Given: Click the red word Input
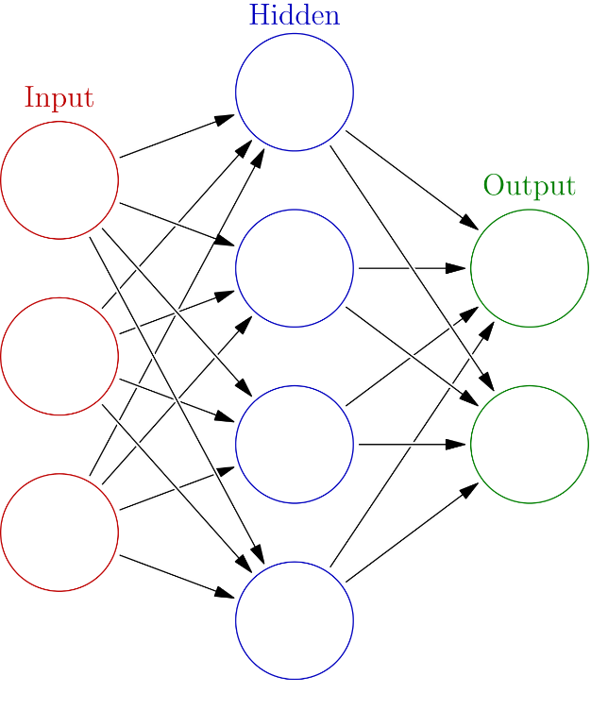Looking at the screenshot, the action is coord(59,97).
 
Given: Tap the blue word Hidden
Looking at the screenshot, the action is coord(295,15).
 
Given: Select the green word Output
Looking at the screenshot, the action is coord(530,185).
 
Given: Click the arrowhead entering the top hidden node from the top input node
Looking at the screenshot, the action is coord(225,119).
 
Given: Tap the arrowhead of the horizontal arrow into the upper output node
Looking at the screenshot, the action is coord(456,268).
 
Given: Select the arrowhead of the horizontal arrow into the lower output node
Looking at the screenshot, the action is coord(456,444).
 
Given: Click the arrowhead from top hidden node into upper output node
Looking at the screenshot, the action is coord(469,222).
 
